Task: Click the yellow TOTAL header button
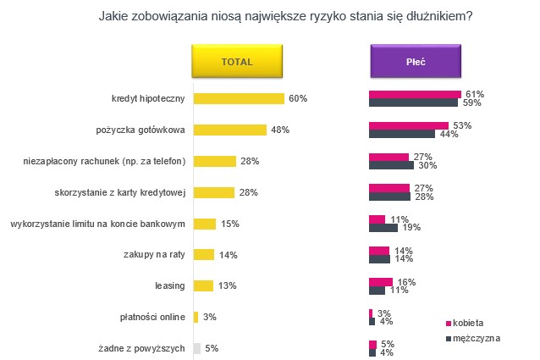pos(238,62)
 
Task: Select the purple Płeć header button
pos(416,62)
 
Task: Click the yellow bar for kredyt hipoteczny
pos(239,99)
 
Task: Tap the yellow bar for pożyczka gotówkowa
pos(226,130)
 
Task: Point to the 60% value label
pos(297,99)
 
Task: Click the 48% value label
pos(280,130)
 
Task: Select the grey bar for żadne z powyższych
pos(197,348)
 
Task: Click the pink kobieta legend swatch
pos(449,324)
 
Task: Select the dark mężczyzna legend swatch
pos(449,338)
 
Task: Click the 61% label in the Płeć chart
pos(474,94)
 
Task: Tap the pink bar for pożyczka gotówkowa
pos(409,125)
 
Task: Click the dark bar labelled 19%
pos(383,228)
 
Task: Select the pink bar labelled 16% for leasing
pos(381,281)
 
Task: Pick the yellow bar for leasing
pos(203,285)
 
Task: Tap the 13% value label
pos(227,285)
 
